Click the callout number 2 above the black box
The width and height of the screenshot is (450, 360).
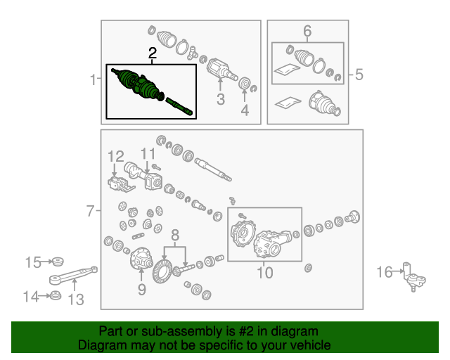pyautogui.click(x=153, y=53)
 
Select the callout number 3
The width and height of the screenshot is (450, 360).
pyautogui.click(x=220, y=99)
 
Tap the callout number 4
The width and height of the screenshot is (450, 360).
pyautogui.click(x=245, y=110)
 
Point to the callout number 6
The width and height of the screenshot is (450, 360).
pyautogui.click(x=307, y=31)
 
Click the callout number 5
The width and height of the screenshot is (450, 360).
pyautogui.click(x=359, y=75)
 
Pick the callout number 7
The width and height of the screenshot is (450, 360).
pyautogui.click(x=90, y=211)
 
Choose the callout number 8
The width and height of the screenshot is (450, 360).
pyautogui.click(x=175, y=235)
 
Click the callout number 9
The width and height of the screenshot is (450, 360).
pyautogui.click(x=142, y=290)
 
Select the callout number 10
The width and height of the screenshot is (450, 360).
pyautogui.click(x=264, y=272)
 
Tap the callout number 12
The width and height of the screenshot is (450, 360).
pyautogui.click(x=115, y=157)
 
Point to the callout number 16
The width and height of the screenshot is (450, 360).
pyautogui.click(x=385, y=272)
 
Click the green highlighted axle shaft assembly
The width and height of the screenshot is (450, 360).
pyautogui.click(x=152, y=91)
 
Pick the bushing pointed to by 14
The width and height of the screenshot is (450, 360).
pyautogui.click(x=55, y=296)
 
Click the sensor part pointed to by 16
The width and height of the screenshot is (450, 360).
pyautogui.click(x=414, y=277)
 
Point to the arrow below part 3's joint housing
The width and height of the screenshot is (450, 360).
pyautogui.click(x=220, y=84)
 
